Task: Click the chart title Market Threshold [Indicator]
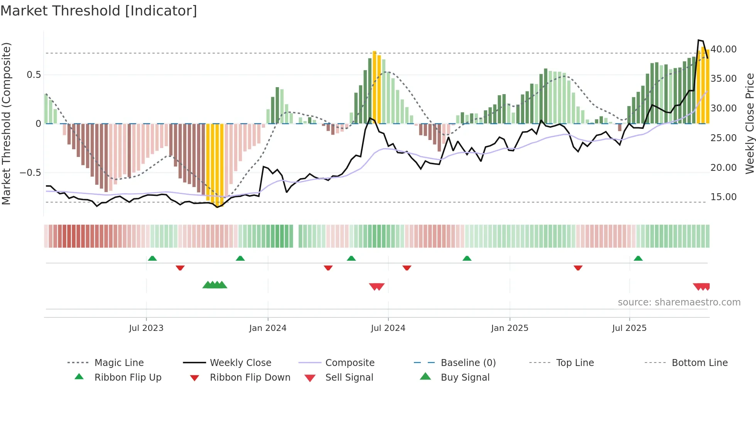point(99,11)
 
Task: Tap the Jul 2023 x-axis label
point(146,328)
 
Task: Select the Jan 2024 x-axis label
point(268,328)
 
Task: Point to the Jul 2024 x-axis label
point(388,328)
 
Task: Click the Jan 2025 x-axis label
point(510,328)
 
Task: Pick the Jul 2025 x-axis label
point(629,328)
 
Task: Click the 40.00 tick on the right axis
point(724,49)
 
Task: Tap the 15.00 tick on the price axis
point(724,197)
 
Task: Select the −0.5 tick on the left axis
point(30,172)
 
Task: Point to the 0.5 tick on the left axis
point(34,75)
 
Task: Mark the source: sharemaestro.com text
point(679,302)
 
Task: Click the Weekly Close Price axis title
point(749,123)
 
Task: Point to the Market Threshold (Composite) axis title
point(6,123)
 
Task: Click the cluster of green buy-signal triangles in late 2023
point(215,285)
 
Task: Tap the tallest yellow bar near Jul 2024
point(375,87)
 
